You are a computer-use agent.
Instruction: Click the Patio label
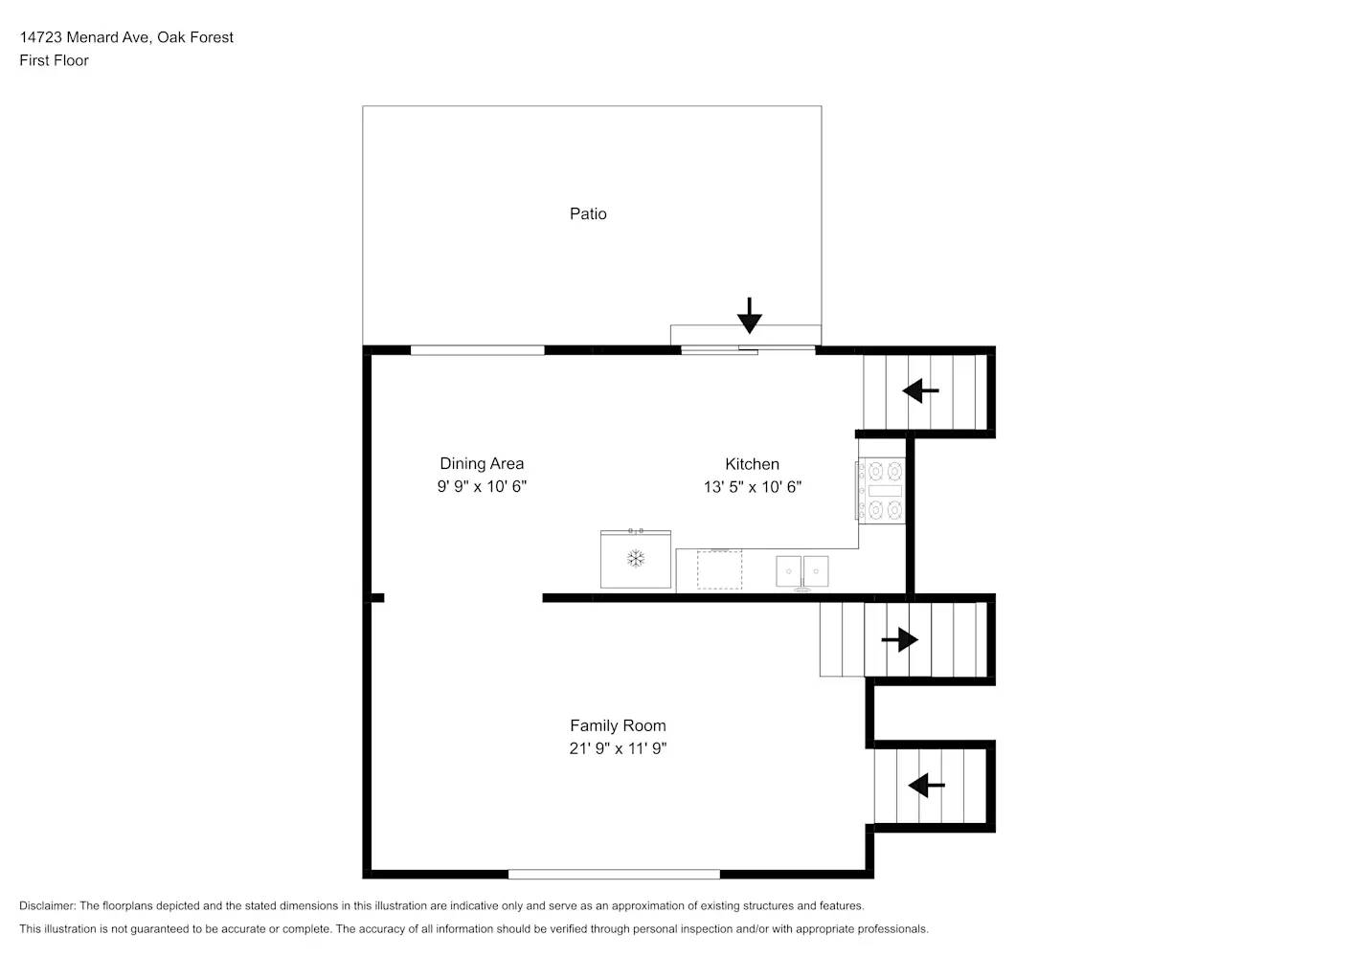(588, 213)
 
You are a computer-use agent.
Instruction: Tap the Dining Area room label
(482, 464)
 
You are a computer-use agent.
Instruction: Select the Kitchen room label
(752, 464)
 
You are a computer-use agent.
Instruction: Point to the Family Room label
(618, 725)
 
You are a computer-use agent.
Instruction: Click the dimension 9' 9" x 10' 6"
(482, 486)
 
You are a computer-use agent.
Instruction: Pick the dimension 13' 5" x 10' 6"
(752, 486)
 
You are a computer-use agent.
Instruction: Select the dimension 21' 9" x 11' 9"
(618, 748)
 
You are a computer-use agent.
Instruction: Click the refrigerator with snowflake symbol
(635, 559)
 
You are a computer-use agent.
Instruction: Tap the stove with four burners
(882, 490)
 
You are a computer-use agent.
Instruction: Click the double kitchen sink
(802, 571)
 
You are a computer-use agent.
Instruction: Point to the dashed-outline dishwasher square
(719, 569)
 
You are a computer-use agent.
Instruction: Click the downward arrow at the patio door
(749, 315)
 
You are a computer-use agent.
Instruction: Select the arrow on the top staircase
(920, 390)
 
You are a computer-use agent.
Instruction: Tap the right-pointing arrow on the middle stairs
(900, 639)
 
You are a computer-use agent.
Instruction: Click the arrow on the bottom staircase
(926, 786)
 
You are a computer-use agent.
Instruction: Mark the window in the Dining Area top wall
(477, 350)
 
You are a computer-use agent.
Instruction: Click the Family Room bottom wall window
(614, 874)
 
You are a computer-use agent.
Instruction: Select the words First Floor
(54, 60)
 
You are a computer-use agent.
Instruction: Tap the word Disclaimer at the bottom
(47, 905)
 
